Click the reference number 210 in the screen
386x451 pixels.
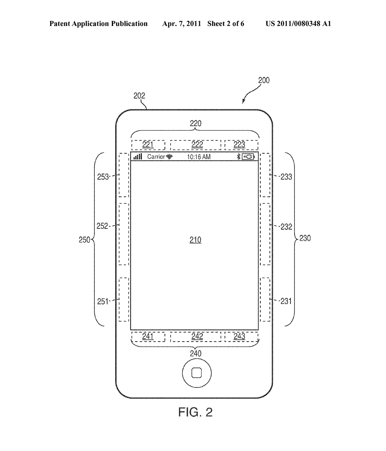[195, 240]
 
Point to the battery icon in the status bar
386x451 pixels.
[248, 157]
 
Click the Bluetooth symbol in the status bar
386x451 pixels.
[238, 157]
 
